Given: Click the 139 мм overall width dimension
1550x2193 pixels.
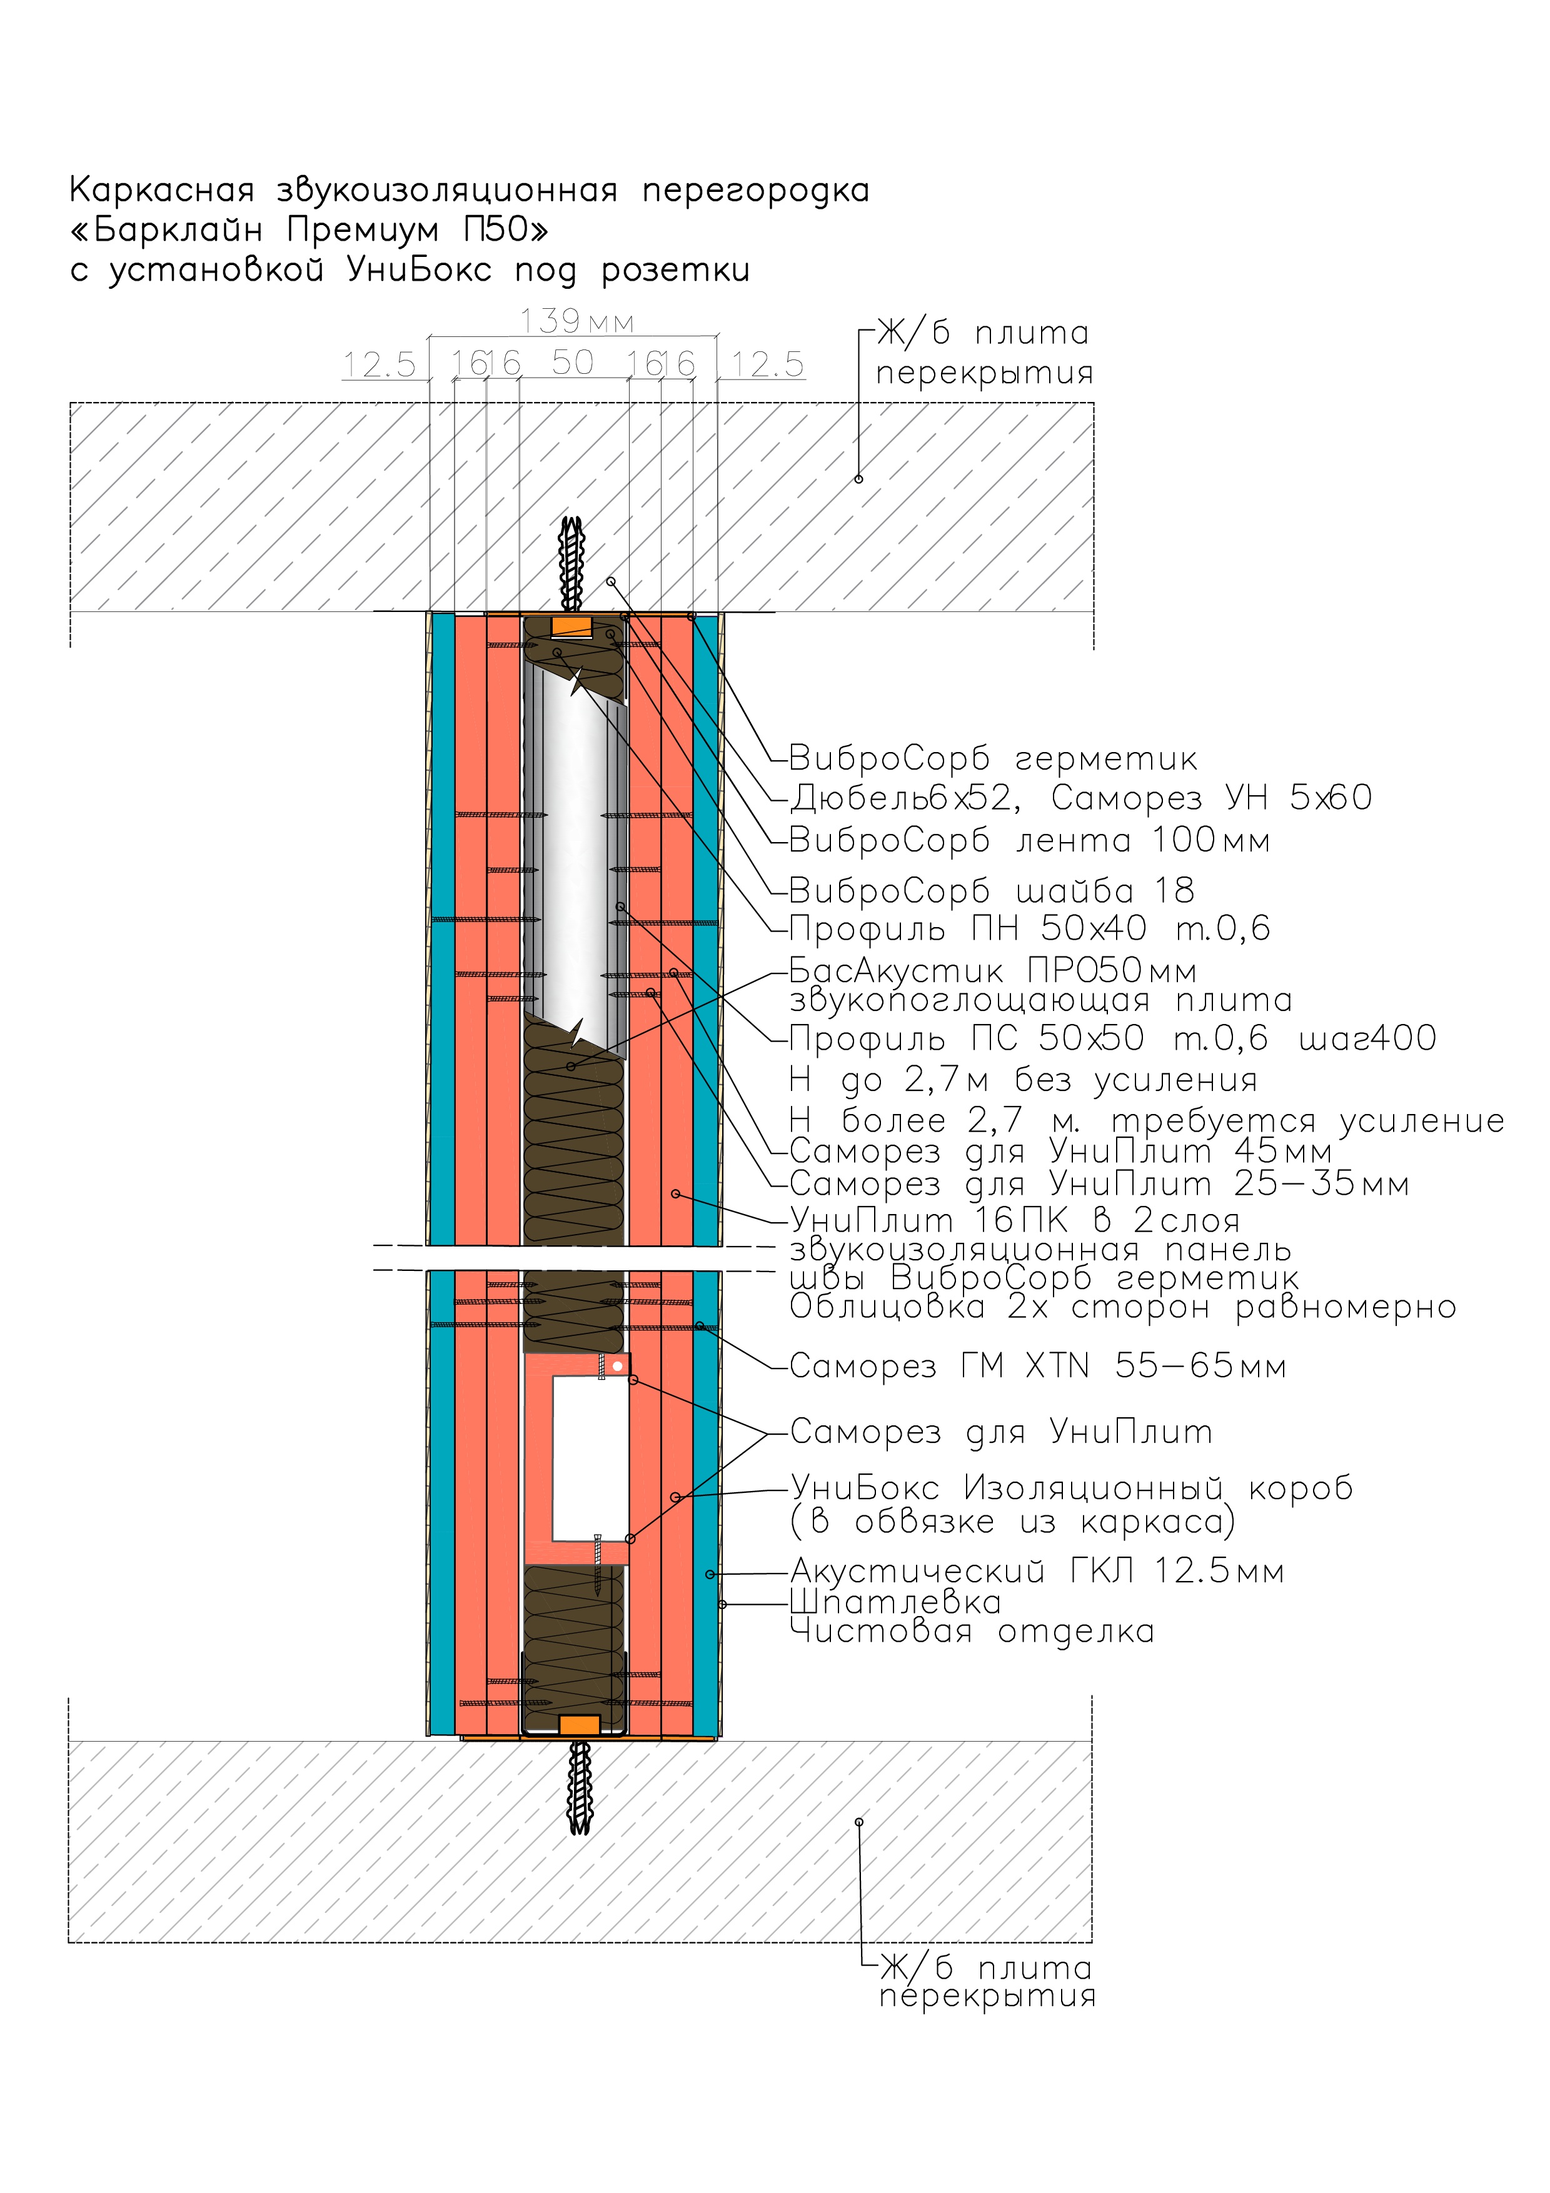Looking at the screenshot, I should [x=576, y=321].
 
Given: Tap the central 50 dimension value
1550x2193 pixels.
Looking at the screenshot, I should [x=572, y=363].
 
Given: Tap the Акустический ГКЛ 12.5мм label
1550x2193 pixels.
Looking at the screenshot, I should [x=1036, y=1570].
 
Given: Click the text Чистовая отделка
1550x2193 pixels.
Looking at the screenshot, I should [x=971, y=1632].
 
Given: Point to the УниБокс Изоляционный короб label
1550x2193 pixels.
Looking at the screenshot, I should [x=1070, y=1487].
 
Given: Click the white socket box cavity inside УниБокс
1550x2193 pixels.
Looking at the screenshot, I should [x=589, y=1458].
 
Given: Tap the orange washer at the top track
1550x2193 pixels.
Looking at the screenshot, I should [x=572, y=628].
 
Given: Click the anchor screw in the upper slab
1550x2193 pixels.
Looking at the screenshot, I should [x=572, y=563].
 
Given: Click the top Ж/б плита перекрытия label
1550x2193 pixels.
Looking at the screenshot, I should [x=984, y=353].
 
